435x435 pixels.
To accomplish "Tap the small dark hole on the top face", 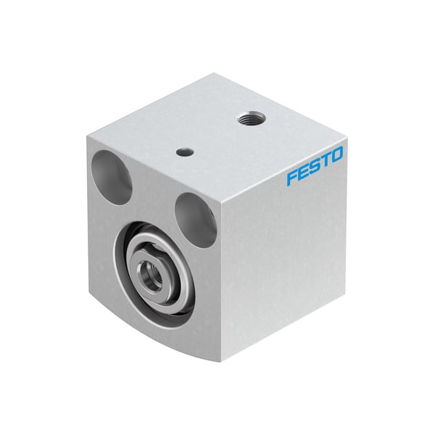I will pyautogui.click(x=186, y=152).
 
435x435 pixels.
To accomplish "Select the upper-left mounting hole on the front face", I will pyautogui.click(x=112, y=176).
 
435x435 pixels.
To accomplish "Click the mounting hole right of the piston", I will pyautogui.click(x=196, y=219).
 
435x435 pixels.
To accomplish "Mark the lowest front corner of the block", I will pyautogui.click(x=221, y=360).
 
